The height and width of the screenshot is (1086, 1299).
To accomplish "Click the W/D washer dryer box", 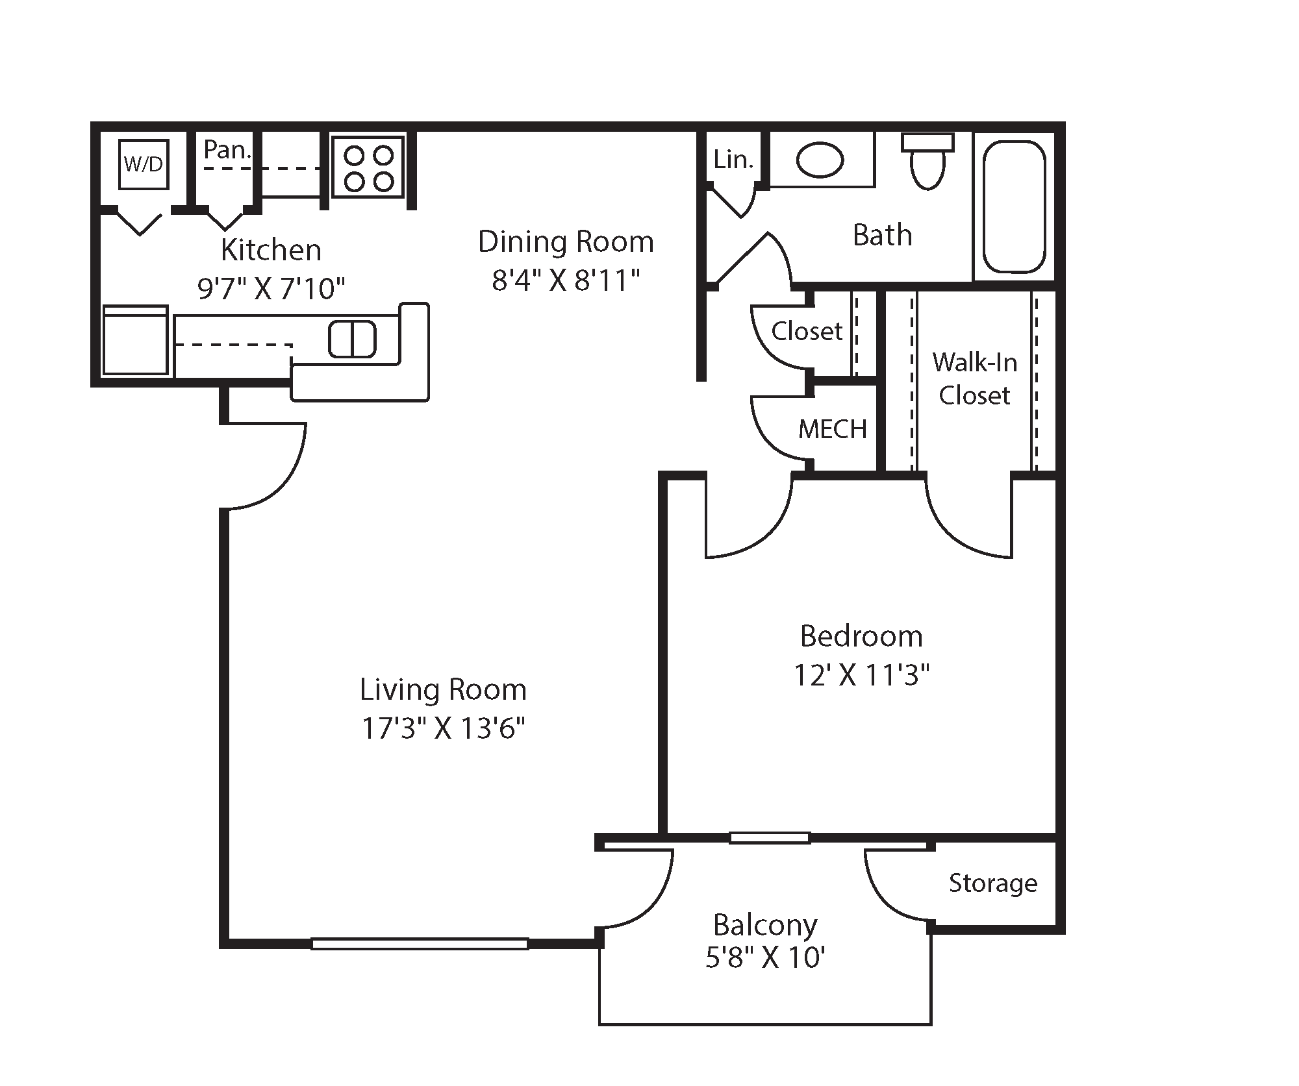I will coord(144,164).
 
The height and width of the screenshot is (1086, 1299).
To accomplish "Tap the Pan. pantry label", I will coord(227,150).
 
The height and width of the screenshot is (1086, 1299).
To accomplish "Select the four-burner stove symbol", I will coord(368,167).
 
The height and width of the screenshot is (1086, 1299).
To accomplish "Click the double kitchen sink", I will coord(352,339).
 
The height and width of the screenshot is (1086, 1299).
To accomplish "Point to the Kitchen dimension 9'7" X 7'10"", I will coord(271,288).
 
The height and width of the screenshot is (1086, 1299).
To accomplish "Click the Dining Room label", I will coord(566,241).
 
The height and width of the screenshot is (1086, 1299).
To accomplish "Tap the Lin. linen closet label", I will coord(733,159).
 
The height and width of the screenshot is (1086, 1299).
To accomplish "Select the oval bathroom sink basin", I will coord(820,160).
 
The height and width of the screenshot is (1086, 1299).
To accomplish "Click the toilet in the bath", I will coord(927,162).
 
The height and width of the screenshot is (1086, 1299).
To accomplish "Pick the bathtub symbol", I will coord(1014,206).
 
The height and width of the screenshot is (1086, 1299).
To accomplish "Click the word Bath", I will coord(882,235).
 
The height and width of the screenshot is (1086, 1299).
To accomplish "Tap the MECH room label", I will coord(833,429).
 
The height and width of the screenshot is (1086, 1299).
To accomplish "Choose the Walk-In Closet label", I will coord(974,378).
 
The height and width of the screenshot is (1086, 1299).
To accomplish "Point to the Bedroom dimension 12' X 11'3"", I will coord(861,676).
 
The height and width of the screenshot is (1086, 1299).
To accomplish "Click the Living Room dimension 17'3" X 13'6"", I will coord(443,728).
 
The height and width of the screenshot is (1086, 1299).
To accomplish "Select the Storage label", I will coord(992,883).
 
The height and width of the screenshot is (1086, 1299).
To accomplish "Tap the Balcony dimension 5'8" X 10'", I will coord(765,957).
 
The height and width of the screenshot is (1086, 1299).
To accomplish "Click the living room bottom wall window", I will coord(419,943).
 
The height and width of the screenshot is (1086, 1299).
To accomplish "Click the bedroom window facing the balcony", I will coord(770,838).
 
